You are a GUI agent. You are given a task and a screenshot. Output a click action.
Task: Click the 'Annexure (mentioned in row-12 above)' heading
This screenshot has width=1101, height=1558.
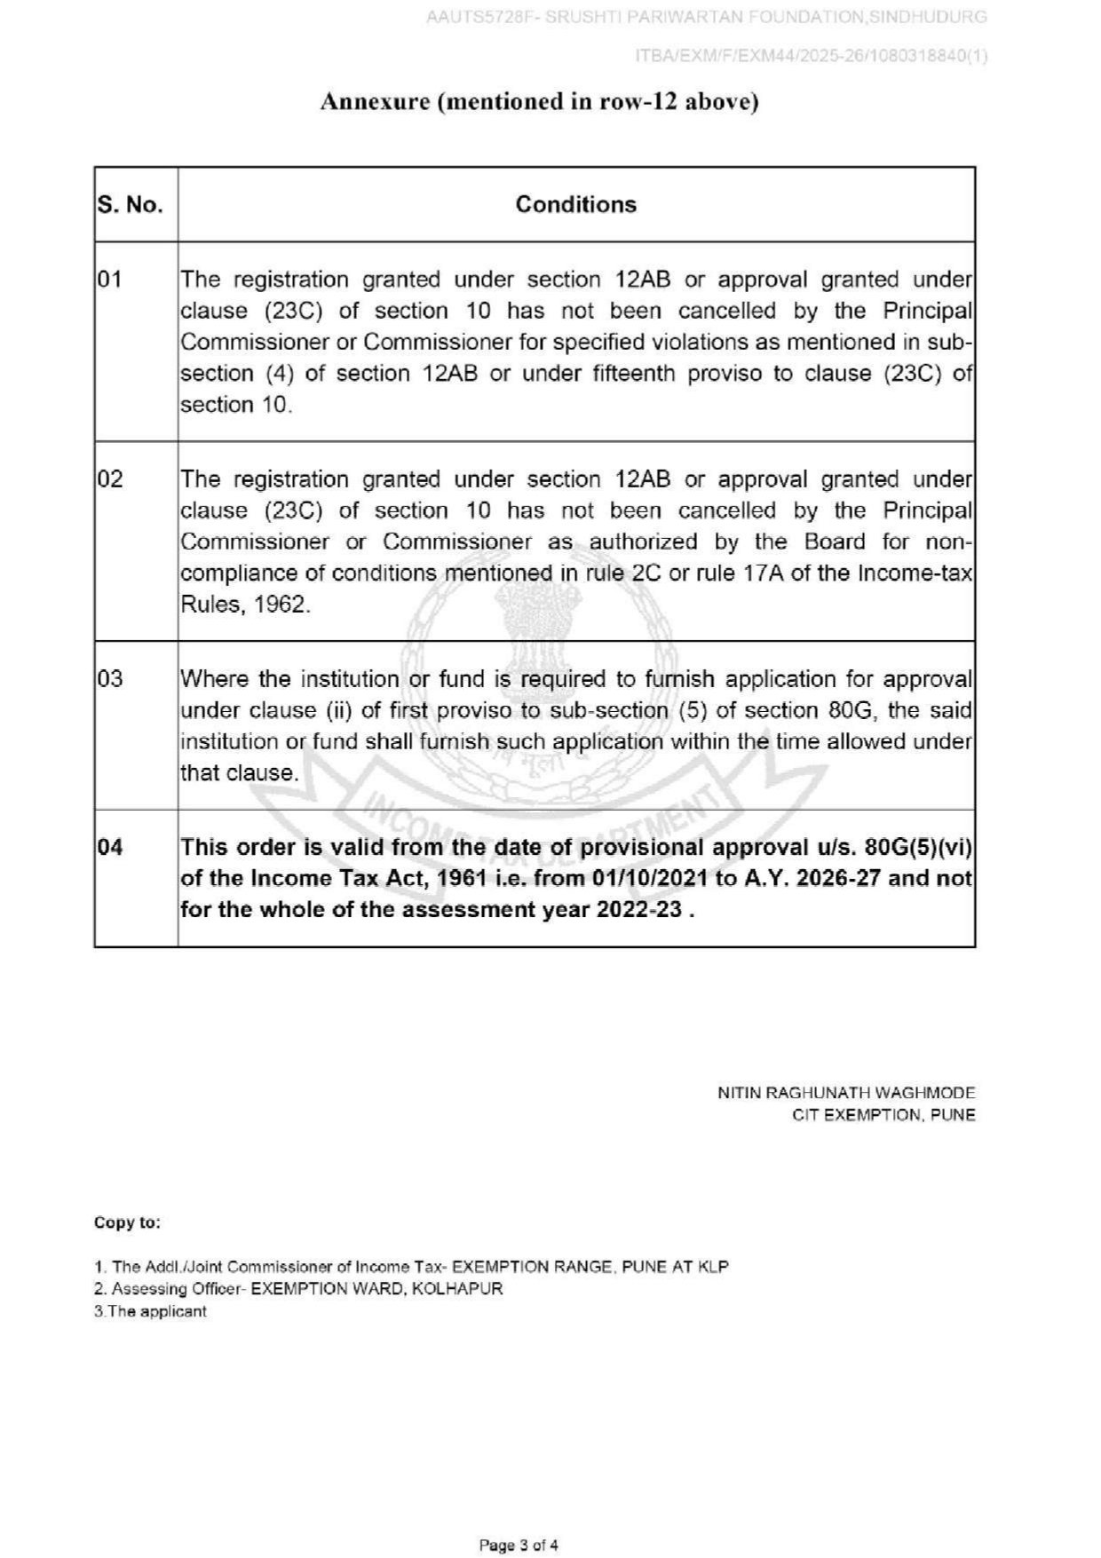click(x=539, y=102)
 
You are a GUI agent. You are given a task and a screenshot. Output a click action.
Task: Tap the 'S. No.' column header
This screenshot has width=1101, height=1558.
click(x=130, y=205)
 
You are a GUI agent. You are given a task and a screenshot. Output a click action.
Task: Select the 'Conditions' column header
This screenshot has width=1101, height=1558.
click(x=576, y=204)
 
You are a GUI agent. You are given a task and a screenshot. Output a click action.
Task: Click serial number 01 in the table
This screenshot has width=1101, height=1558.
click(x=110, y=280)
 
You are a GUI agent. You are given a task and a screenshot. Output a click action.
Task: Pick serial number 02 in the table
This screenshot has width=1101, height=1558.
click(x=110, y=479)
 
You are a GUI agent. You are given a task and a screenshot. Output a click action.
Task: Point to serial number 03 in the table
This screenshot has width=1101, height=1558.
click(x=110, y=679)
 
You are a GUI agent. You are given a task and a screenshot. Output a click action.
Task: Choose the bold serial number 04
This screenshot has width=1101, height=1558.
click(x=110, y=847)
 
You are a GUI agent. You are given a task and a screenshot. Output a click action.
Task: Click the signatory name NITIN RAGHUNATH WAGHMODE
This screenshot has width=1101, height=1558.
click(x=846, y=1093)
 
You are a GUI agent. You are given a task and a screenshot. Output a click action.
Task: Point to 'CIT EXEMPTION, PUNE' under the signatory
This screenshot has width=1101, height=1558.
click(x=883, y=1115)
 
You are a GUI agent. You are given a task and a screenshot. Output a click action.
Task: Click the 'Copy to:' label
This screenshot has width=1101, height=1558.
click(x=128, y=1222)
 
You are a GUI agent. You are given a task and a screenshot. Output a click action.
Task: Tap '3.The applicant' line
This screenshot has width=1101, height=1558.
click(x=150, y=1311)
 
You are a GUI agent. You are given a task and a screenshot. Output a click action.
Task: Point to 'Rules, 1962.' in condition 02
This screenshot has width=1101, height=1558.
click(x=246, y=605)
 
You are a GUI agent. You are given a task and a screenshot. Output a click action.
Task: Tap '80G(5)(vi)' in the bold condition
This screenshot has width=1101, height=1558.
click(x=918, y=847)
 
